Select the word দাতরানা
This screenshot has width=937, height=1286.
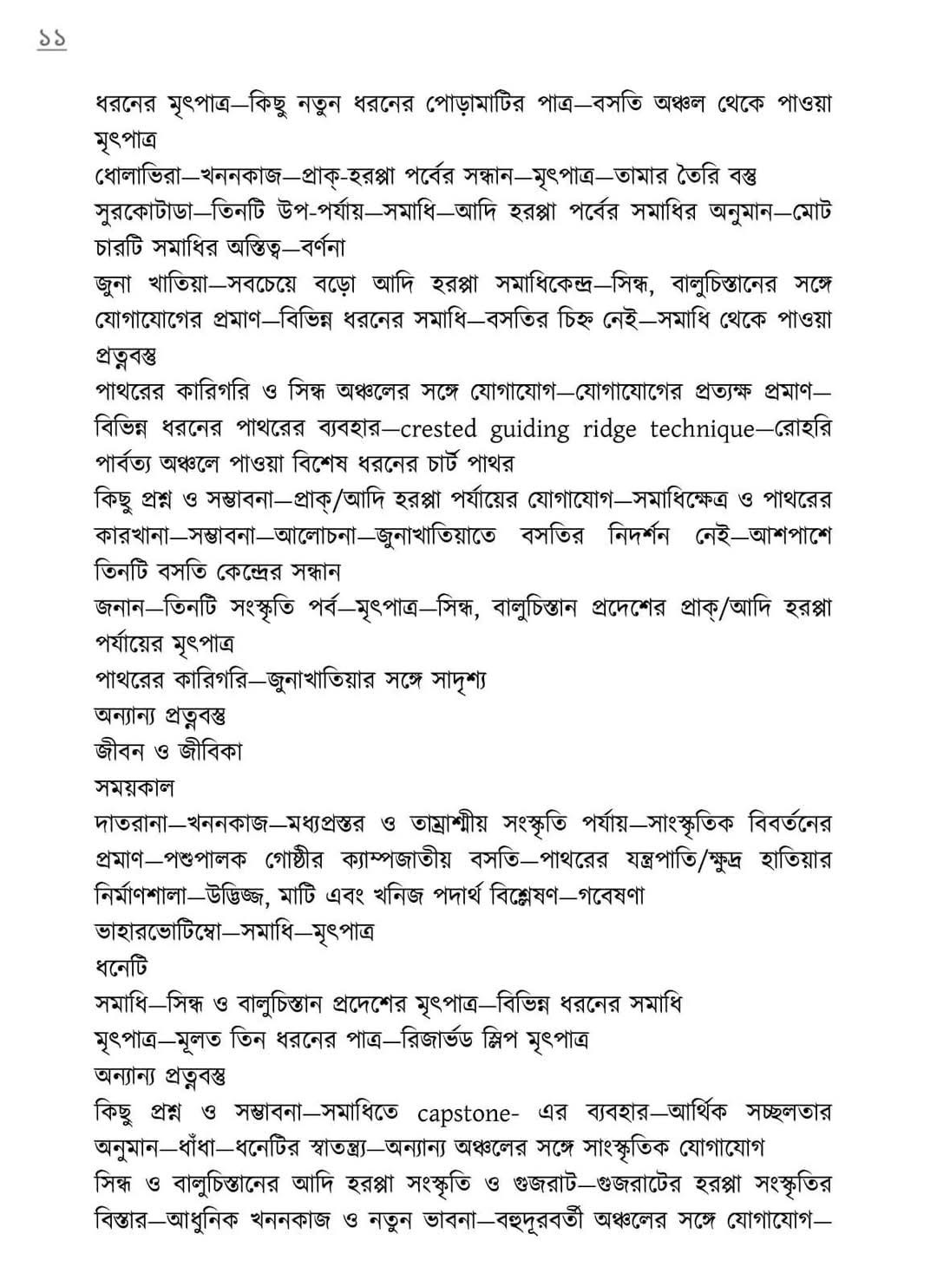pos(133,823)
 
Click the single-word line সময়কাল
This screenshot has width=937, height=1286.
pos(134,787)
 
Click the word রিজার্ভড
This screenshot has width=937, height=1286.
pos(446,1039)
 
